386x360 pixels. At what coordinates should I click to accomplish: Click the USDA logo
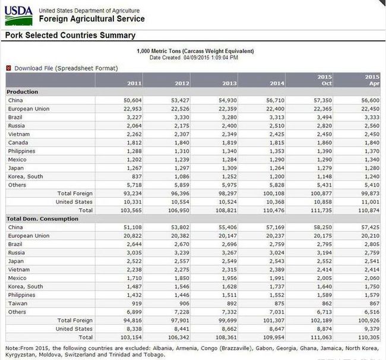pyautogui.click(x=19, y=15)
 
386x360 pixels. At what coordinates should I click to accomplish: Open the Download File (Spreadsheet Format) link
pyautogui.click(x=66, y=68)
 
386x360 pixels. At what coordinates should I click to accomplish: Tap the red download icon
pyautogui.click(x=9, y=68)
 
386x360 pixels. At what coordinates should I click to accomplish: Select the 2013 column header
pyautogui.click(x=229, y=84)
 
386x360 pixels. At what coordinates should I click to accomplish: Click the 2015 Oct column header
pyautogui.click(x=324, y=80)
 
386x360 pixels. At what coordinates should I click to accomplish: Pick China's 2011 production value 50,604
pyautogui.click(x=132, y=100)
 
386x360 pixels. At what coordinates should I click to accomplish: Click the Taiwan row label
pyautogui.click(x=18, y=304)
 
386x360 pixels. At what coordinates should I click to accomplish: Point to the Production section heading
pyautogui.click(x=23, y=91)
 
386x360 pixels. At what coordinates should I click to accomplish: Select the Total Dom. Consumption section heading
pyautogui.click(x=42, y=219)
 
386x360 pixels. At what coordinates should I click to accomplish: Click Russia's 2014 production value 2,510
pyautogui.click(x=277, y=125)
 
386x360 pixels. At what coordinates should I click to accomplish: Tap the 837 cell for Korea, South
pyautogui.click(x=137, y=176)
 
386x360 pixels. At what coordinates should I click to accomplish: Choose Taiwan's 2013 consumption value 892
pyautogui.click(x=232, y=304)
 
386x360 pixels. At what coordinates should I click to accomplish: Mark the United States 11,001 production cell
pyautogui.click(x=370, y=202)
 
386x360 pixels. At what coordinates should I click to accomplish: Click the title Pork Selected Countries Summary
pyautogui.click(x=70, y=35)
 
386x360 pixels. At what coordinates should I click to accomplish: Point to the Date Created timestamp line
pyautogui.click(x=194, y=58)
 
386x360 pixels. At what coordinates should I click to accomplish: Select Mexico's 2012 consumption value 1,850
pyautogui.click(x=182, y=278)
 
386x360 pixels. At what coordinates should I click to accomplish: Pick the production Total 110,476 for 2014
pyautogui.click(x=274, y=210)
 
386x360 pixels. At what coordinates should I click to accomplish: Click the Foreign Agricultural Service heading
pyautogui.click(x=92, y=19)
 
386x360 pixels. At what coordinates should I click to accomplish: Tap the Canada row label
pyautogui.click(x=18, y=143)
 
